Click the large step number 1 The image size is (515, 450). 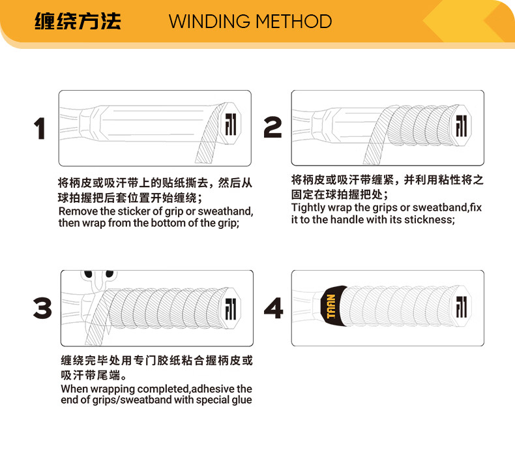pos(40,128)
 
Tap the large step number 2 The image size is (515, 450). pos(272,127)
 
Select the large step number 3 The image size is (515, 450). pos(42,308)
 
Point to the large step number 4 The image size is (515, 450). pos(273,308)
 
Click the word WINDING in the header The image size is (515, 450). pos(209,22)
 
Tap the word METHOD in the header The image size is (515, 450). pos(293,22)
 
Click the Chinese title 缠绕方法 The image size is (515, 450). pos(78,22)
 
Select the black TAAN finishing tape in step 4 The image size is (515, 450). pos(333,306)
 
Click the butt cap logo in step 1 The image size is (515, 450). pos(231,125)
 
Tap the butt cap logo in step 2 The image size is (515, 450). pos(462,126)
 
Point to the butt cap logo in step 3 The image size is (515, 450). pos(231,309)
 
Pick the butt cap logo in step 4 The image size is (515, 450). pos(462,307)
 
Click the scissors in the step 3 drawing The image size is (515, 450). pos(98,281)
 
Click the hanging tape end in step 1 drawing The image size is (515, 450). pos(207,152)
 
